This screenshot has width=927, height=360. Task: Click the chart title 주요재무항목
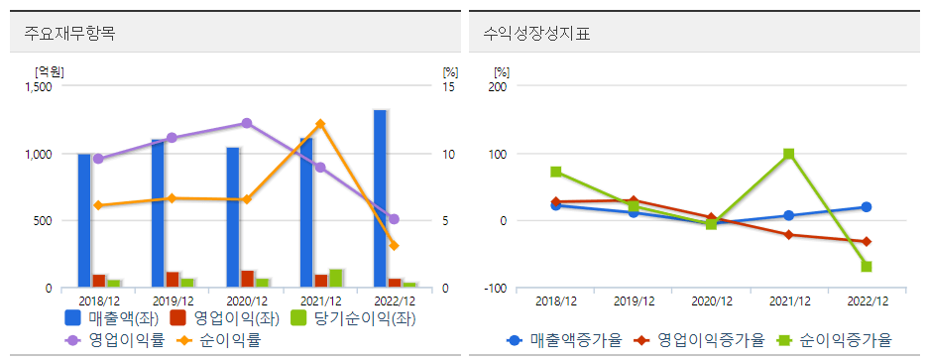click(69, 33)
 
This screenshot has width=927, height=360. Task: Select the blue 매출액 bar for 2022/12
click(380, 198)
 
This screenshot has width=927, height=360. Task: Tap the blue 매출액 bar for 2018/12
click(84, 220)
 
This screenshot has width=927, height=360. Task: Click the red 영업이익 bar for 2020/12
click(248, 279)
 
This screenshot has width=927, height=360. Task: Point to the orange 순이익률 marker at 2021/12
click(320, 124)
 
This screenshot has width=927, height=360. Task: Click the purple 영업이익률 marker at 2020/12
click(247, 123)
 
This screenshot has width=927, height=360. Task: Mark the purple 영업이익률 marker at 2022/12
click(394, 219)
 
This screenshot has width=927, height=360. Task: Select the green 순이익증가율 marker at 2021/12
click(788, 154)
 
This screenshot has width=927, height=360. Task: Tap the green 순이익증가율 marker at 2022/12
click(867, 266)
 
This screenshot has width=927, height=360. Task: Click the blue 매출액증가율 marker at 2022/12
click(867, 207)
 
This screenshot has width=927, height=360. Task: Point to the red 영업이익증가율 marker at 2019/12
click(634, 200)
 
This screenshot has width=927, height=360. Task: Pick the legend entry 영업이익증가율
click(701, 340)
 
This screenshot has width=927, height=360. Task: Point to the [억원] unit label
click(49, 71)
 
